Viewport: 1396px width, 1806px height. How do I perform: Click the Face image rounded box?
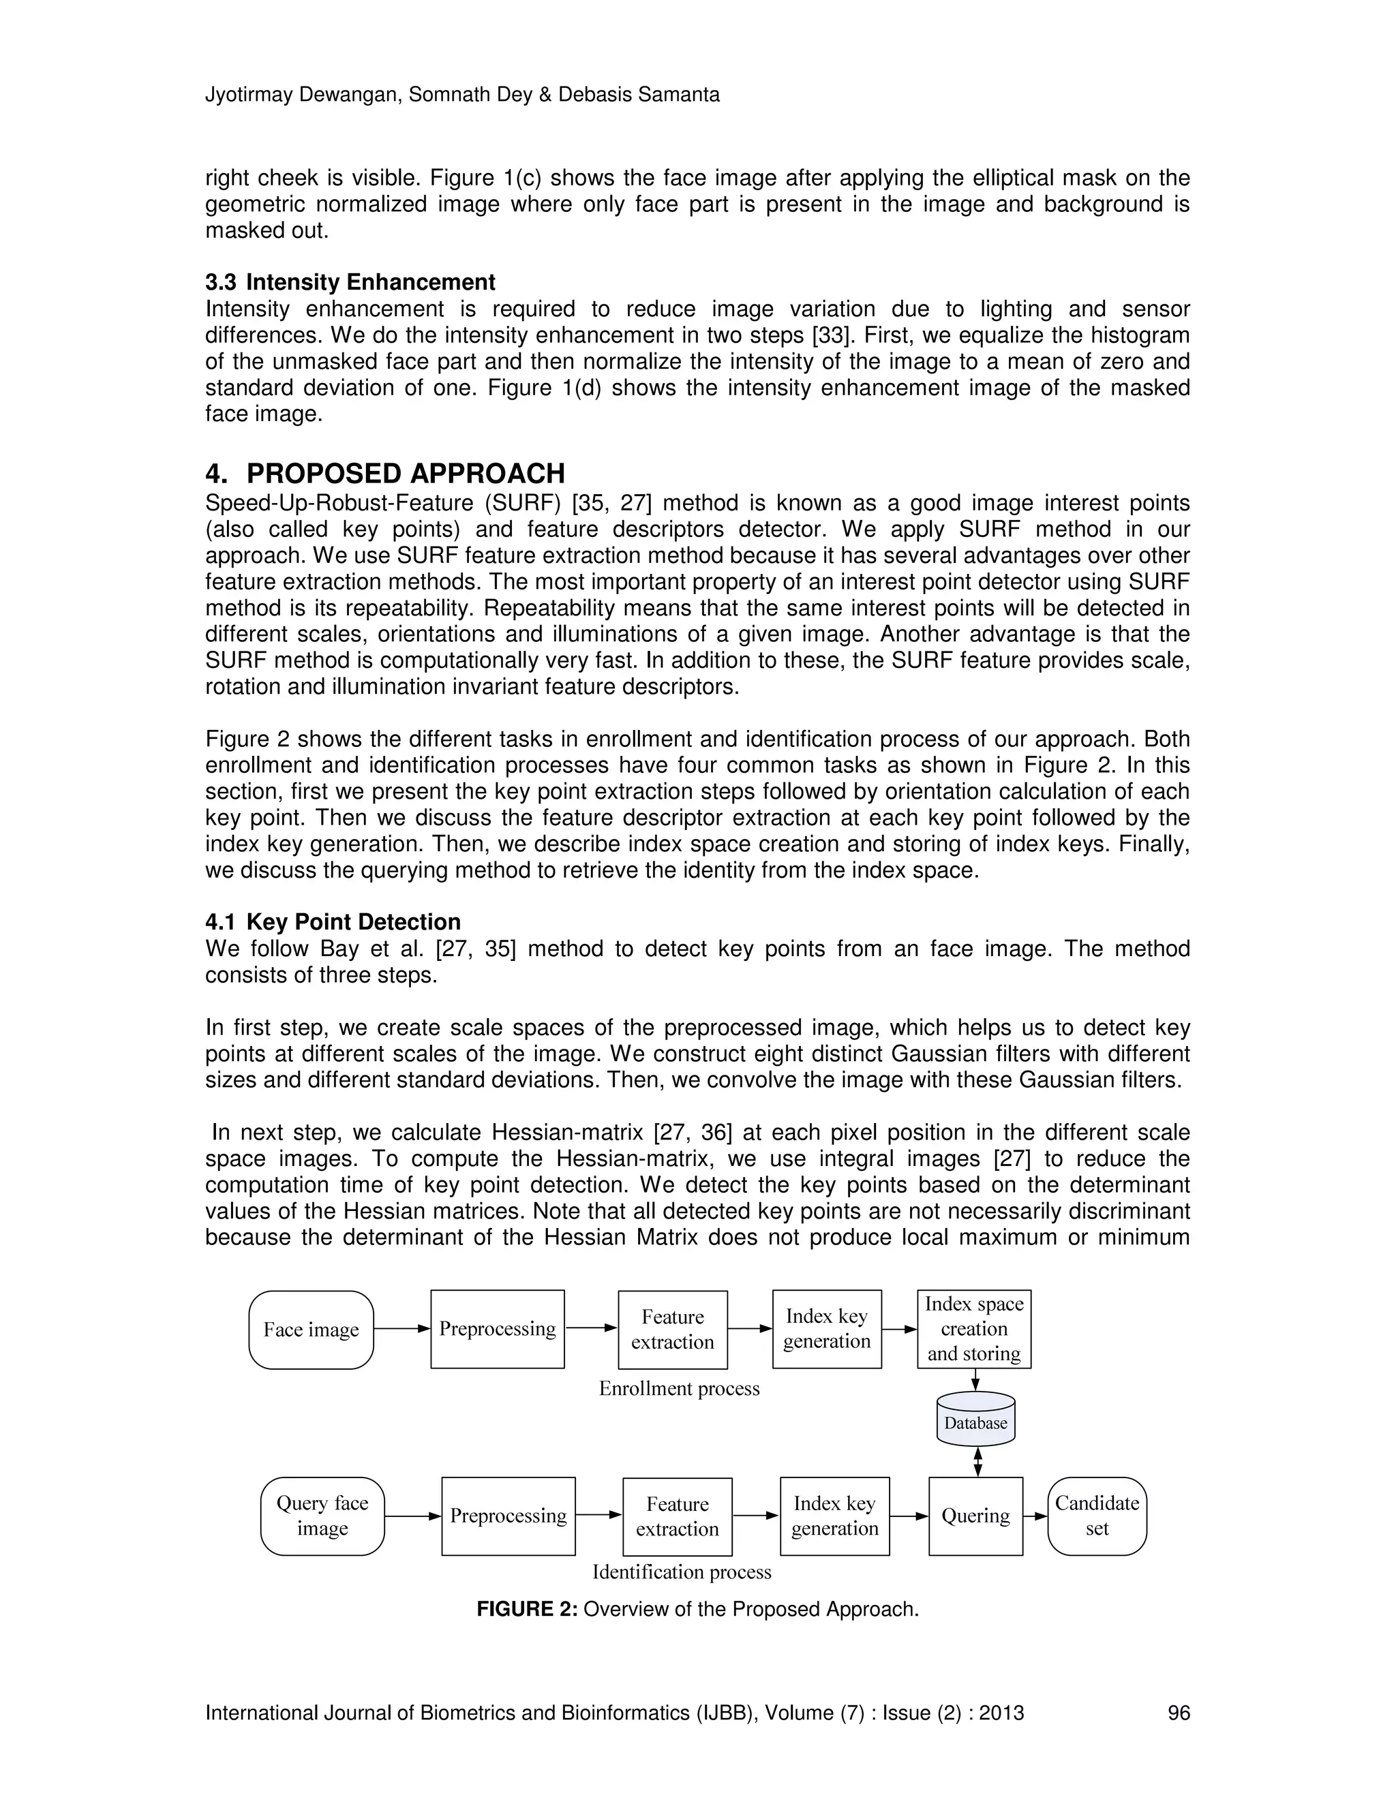(311, 1330)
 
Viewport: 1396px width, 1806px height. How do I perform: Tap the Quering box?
(976, 1516)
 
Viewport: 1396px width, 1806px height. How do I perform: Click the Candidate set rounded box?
(1097, 1516)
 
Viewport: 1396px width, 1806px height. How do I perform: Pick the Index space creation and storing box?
(974, 1329)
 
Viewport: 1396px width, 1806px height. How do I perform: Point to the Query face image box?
(322, 1516)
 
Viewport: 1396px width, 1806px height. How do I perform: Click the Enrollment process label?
(679, 1388)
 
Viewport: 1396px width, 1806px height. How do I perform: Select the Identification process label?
(682, 1572)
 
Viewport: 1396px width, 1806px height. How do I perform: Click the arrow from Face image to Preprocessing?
(402, 1329)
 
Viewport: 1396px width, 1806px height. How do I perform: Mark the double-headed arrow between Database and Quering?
(977, 1461)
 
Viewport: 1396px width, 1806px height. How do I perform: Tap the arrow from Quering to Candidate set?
(1035, 1516)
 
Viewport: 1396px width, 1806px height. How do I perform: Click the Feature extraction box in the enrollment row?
(672, 1330)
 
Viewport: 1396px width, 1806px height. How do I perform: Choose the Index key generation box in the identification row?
(834, 1516)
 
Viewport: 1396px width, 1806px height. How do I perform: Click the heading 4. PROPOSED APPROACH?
(385, 474)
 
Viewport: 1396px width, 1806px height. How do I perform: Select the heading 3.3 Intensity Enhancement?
(350, 282)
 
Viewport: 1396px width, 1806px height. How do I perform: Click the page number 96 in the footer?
(1178, 1713)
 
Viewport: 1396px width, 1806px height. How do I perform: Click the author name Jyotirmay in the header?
(249, 95)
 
